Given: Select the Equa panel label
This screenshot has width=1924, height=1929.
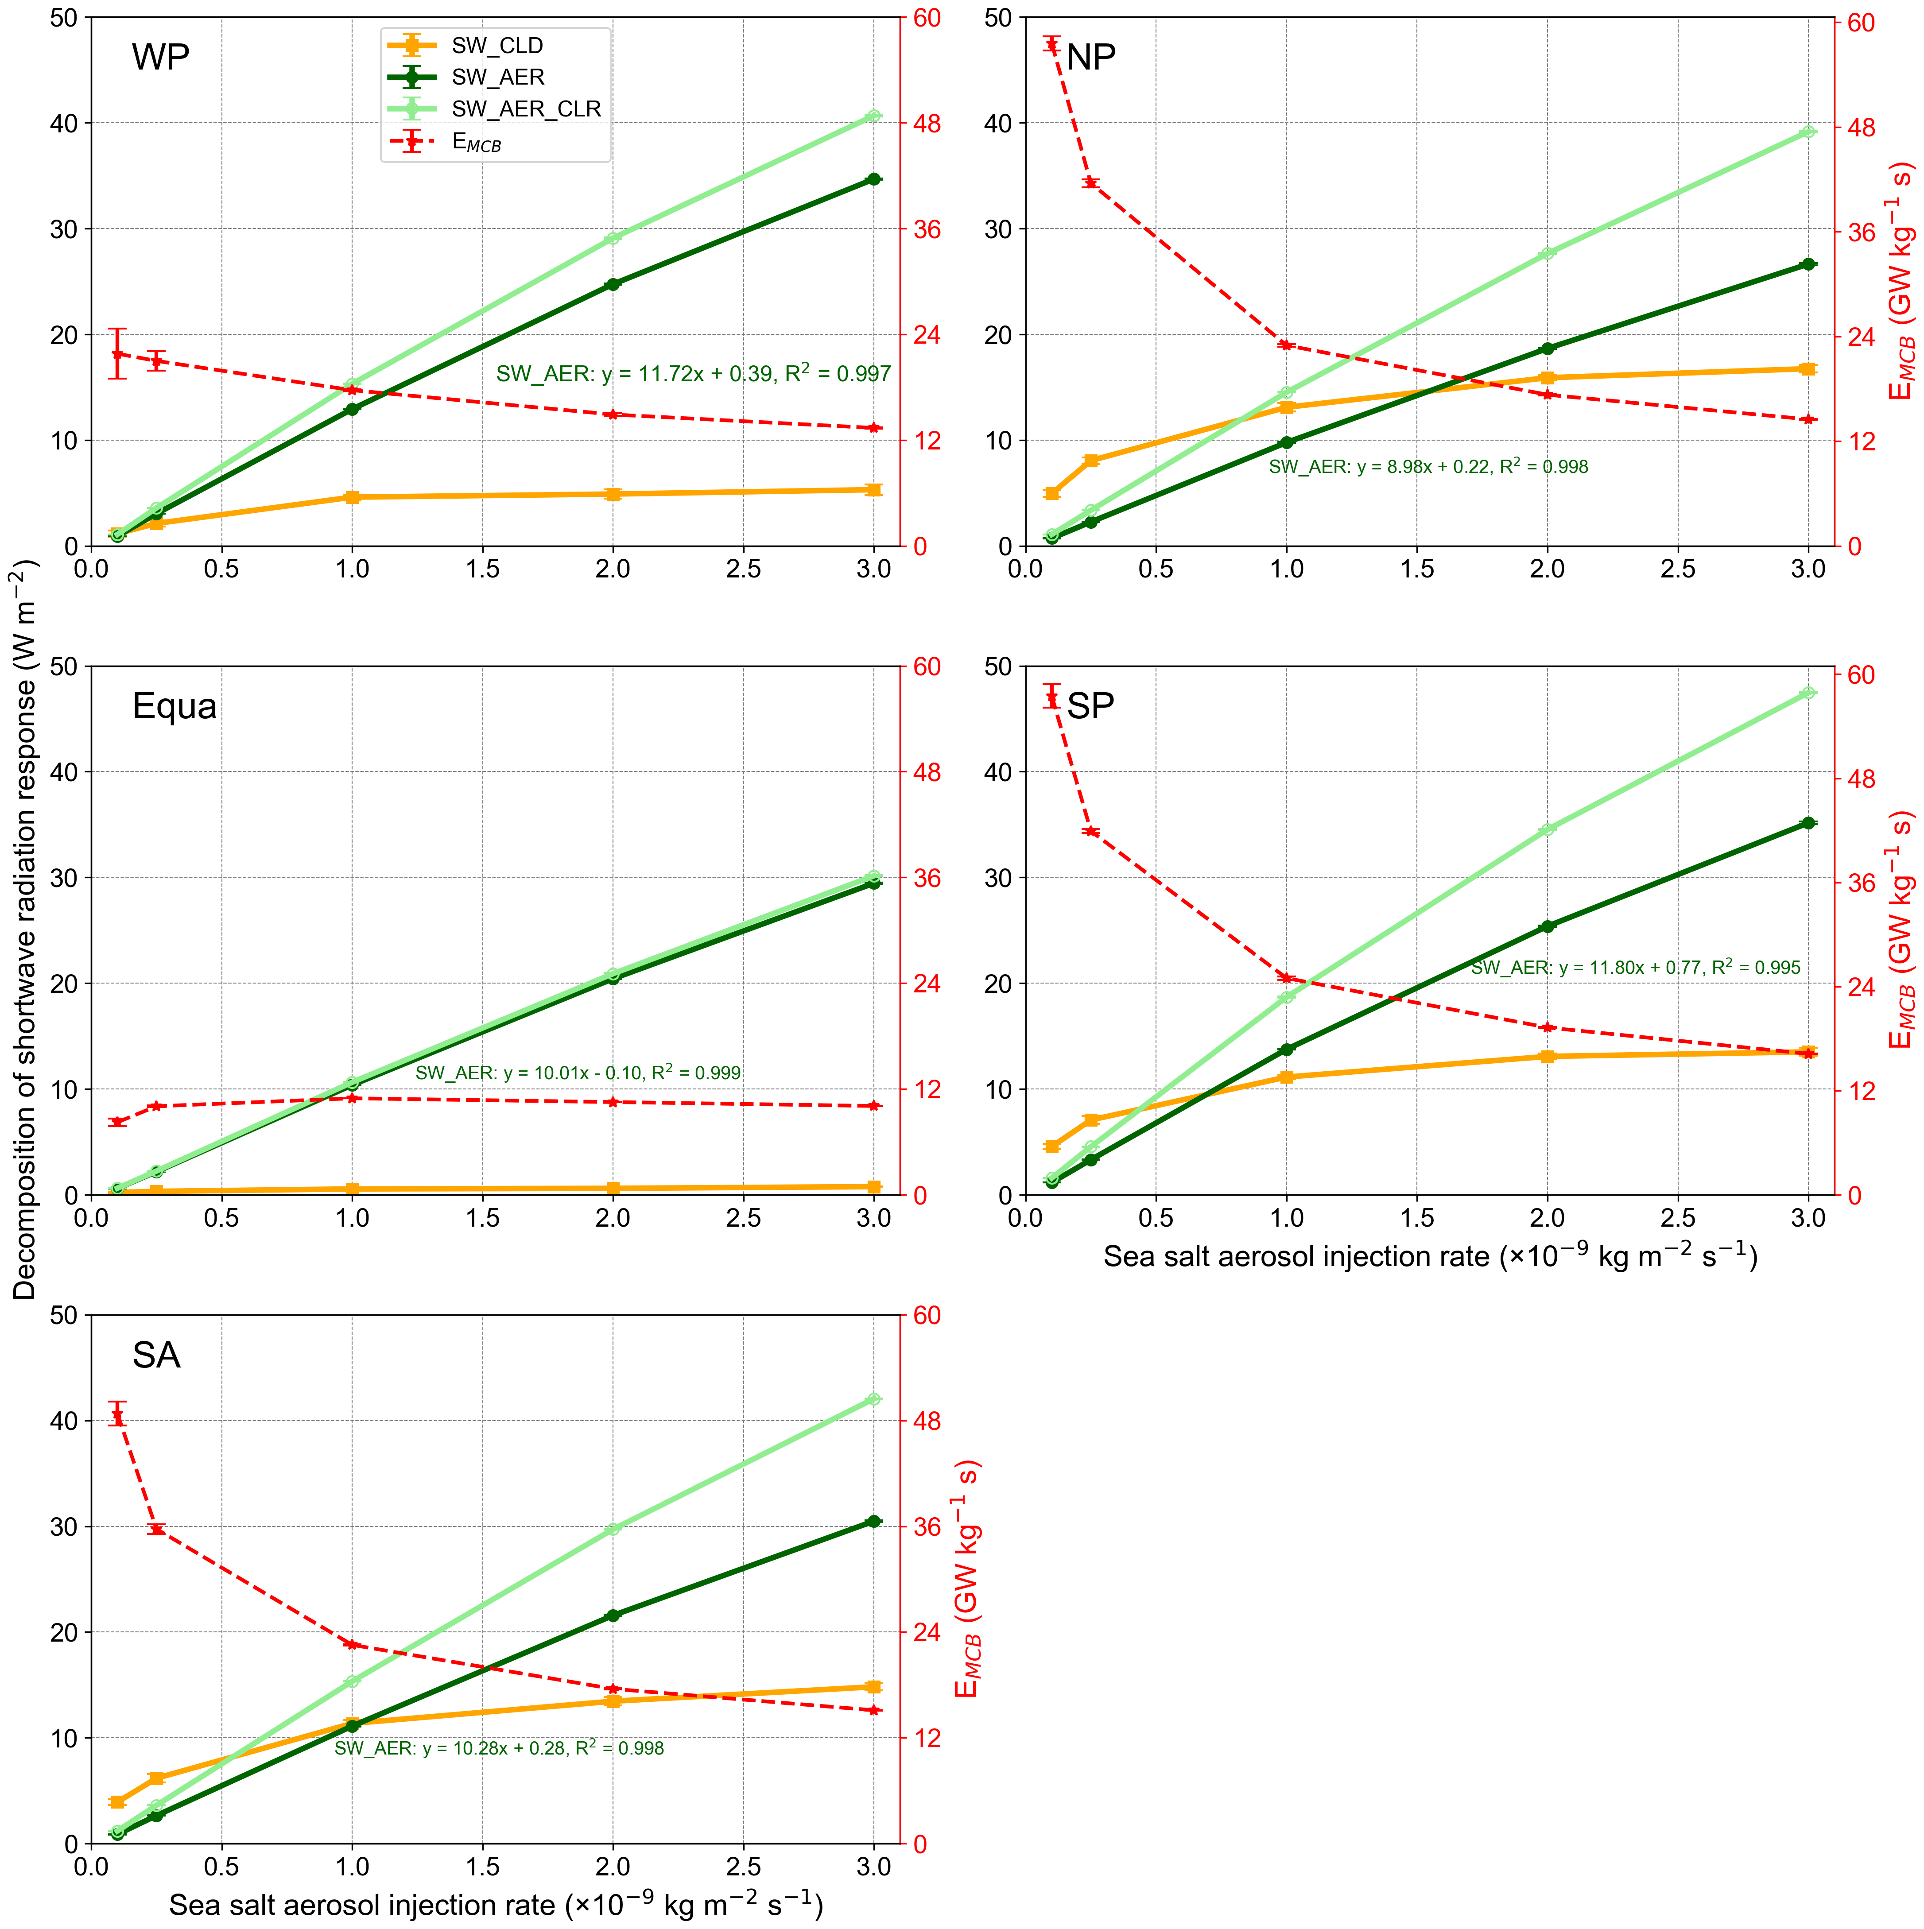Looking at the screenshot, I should (x=175, y=707).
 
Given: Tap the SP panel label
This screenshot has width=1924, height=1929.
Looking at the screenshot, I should (x=1090, y=707).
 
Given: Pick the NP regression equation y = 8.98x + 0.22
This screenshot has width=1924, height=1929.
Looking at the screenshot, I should (x=1428, y=466).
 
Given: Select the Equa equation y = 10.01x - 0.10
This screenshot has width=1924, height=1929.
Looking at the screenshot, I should (x=578, y=1073).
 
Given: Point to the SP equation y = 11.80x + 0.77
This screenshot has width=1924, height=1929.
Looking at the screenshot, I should (x=1636, y=968).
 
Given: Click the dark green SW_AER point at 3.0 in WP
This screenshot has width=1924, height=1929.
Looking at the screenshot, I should (x=873, y=180).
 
